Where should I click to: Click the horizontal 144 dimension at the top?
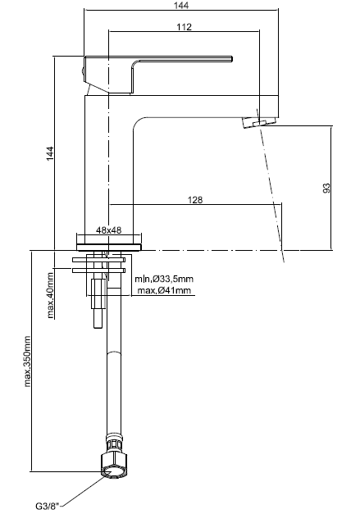click(x=181, y=6)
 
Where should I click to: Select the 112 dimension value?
click(x=184, y=27)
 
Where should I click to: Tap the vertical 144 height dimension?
click(x=50, y=153)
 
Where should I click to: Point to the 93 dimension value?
click(x=326, y=188)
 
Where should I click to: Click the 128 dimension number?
click(x=195, y=200)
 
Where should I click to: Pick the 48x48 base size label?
click(x=108, y=230)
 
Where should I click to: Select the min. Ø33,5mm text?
click(x=164, y=279)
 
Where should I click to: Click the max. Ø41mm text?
click(x=164, y=290)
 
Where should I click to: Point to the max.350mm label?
click(x=27, y=361)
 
